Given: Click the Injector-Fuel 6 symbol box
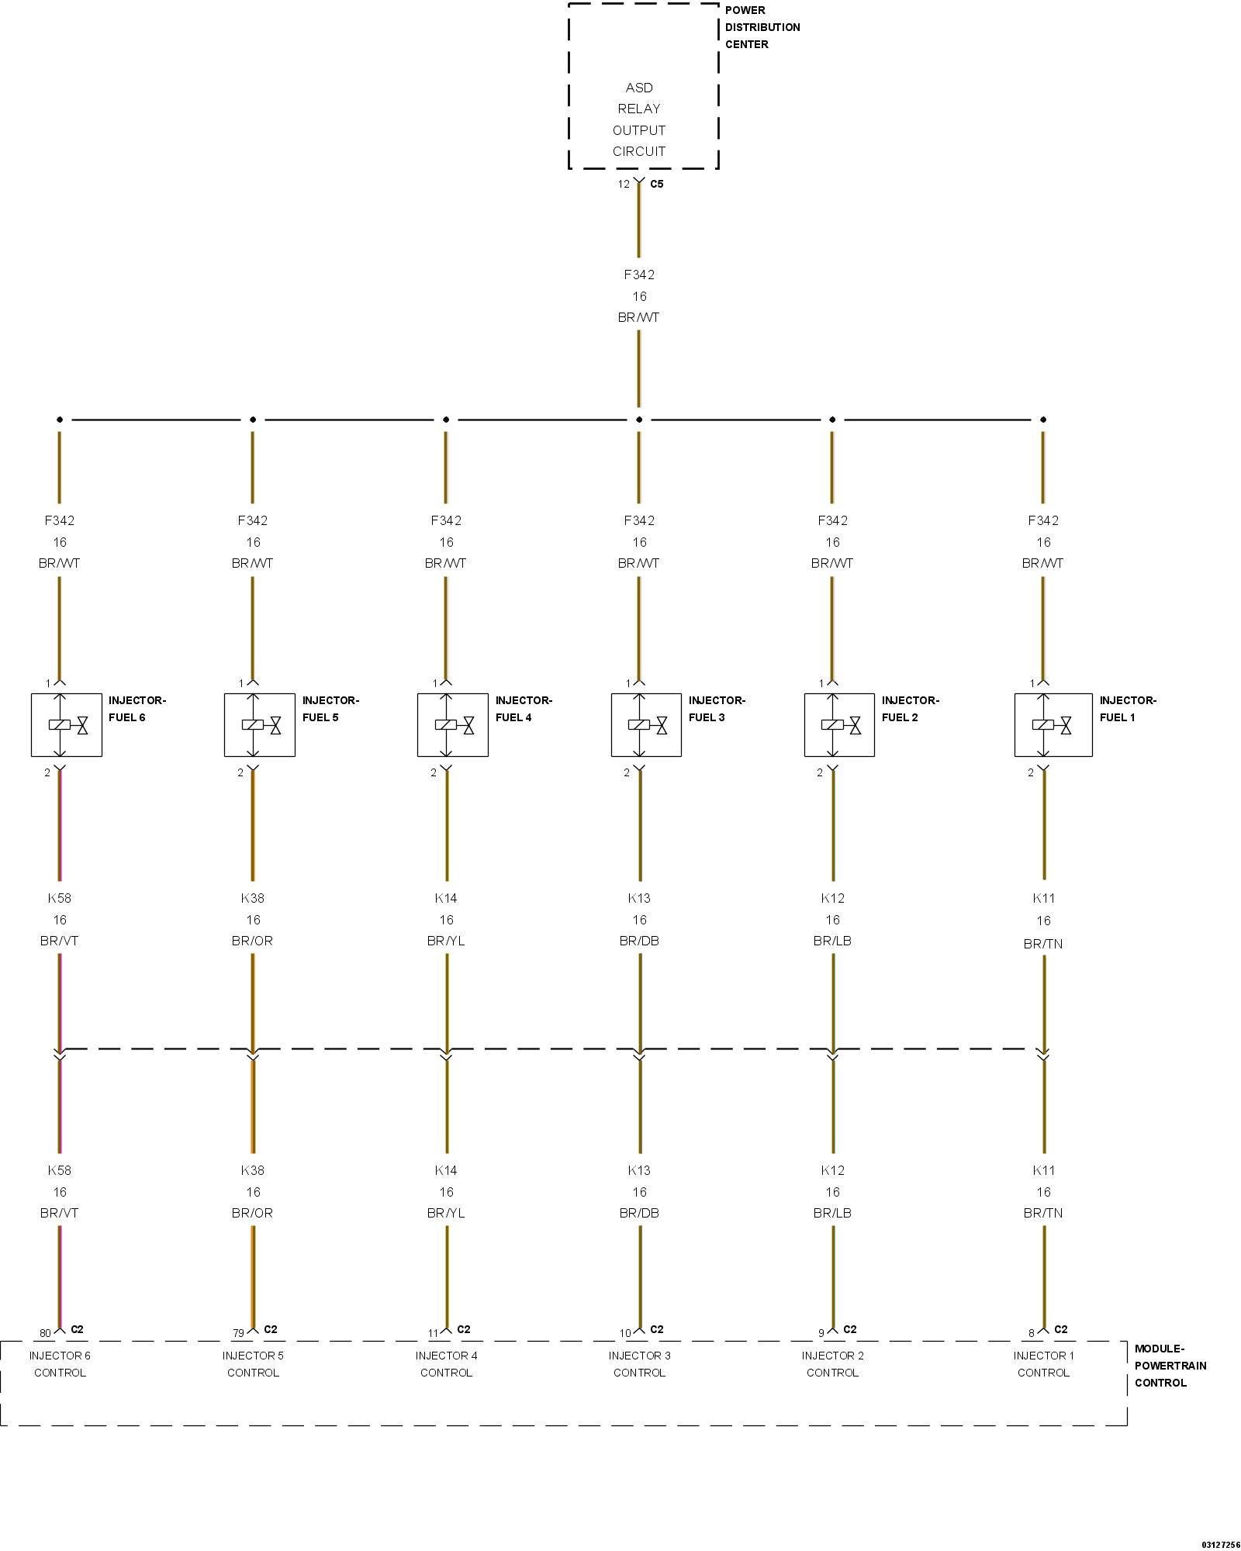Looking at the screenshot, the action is [66, 724].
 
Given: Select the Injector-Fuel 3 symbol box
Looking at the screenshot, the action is [646, 724].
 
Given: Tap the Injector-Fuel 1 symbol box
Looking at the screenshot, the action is [1053, 724].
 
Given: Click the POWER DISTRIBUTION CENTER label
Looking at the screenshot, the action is [762, 27].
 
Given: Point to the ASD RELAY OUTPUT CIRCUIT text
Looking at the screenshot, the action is [639, 119].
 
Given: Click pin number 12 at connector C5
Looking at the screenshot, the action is [624, 185].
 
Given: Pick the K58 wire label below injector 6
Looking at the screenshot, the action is [60, 898].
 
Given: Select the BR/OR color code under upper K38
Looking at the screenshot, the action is [252, 941].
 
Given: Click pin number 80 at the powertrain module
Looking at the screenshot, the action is [45, 1333].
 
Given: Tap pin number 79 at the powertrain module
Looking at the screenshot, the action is [238, 1333].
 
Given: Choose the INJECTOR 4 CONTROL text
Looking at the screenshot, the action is [446, 1364].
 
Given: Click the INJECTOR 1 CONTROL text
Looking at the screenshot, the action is [1043, 1364].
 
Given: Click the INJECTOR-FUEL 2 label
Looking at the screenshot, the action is [910, 709].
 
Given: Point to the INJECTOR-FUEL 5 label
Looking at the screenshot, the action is [330, 709].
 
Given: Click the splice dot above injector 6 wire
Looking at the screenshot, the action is [60, 420].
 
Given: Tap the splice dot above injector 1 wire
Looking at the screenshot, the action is [1043, 420].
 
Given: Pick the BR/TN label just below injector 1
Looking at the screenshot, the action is [1043, 944].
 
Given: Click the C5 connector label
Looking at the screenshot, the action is [656, 185].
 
